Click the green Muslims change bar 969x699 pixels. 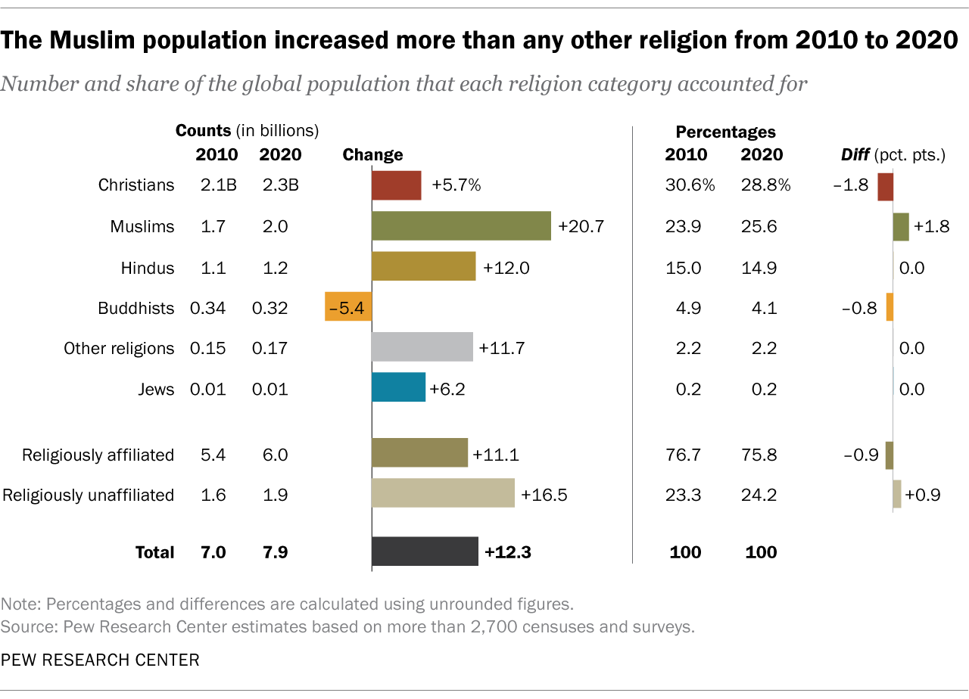[x=461, y=226]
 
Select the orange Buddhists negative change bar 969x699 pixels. [x=348, y=306]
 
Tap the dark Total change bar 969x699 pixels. [x=425, y=551]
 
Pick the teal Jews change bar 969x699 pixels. [x=398, y=387]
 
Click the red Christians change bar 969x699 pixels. [x=396, y=185]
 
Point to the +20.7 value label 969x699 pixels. [x=581, y=226]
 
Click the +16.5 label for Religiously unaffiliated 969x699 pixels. [x=544, y=495]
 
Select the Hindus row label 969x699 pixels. [x=148, y=268]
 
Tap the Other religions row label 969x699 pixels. [x=119, y=348]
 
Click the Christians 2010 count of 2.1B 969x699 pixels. [x=217, y=185]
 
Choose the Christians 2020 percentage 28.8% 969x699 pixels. [x=765, y=185]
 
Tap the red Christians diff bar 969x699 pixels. [x=885, y=186]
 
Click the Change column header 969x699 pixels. [x=372, y=155]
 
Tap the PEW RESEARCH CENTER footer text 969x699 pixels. [x=101, y=660]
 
